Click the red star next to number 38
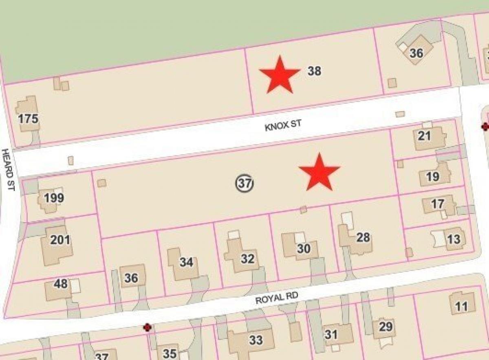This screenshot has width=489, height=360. [280, 75]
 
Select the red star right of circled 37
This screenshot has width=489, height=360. [319, 173]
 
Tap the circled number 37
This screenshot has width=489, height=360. [244, 184]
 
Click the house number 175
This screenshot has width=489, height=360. [29, 119]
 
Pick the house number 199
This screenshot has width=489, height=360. [54, 198]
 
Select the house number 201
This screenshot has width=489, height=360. [60, 240]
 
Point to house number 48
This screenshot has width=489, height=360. [61, 283]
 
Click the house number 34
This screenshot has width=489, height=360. [186, 262]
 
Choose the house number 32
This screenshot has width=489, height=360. [247, 259]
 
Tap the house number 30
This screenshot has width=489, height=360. [304, 248]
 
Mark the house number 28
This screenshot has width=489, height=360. [363, 237]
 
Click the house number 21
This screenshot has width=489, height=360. [424, 136]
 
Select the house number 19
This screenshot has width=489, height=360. [433, 176]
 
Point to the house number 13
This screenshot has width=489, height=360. [438, 204]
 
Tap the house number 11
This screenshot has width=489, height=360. [461, 306]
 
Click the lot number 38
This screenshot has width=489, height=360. [314, 71]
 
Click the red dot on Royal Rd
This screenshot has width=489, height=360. [147, 327]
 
